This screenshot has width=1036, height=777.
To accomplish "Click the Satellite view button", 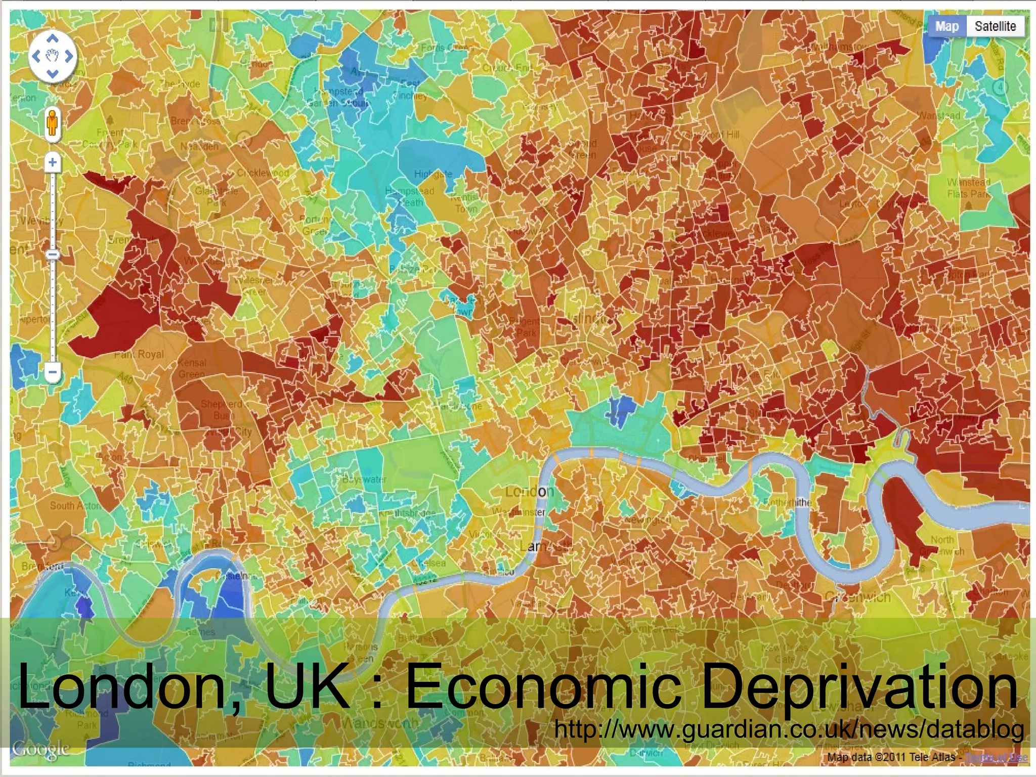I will (995, 26).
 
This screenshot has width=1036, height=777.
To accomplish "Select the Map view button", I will (946, 26).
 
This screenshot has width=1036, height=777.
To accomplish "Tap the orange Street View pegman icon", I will (53, 123).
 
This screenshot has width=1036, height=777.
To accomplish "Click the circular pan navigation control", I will (53, 56).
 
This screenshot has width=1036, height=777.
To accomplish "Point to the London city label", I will (529, 491).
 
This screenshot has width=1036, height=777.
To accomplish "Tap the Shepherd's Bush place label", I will (221, 410).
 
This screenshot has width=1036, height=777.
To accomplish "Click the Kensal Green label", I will (192, 368).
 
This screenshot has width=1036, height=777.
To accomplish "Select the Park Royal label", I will (139, 355).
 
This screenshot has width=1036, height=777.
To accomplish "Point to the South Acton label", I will (75, 505).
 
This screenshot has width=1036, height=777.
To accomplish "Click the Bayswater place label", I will (364, 479).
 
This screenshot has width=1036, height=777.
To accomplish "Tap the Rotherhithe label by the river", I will (787, 502).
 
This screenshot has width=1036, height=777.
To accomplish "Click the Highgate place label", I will (433, 174).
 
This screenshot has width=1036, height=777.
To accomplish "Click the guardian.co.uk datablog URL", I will (789, 729).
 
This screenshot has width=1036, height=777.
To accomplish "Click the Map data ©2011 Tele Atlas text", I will (891, 757).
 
